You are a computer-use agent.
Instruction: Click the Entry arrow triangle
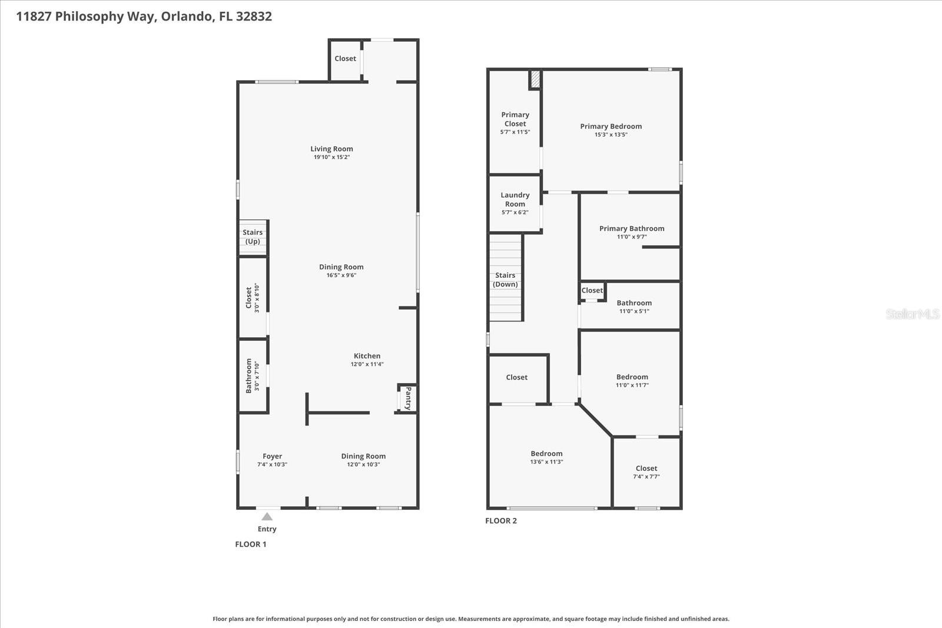click(267, 517)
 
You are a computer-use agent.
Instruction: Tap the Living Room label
click(331, 149)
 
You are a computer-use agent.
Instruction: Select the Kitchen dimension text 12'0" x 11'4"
click(367, 364)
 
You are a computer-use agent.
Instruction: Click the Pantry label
click(407, 398)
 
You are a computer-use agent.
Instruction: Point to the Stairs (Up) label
click(253, 237)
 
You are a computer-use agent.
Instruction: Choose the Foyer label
click(272, 456)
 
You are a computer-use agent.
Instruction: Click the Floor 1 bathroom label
click(249, 376)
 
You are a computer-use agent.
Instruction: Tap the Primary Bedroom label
click(611, 127)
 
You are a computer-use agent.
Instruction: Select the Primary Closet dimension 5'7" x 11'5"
click(515, 132)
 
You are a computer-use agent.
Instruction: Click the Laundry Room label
click(515, 200)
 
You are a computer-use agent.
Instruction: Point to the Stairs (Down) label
click(505, 280)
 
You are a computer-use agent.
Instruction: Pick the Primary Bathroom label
click(632, 228)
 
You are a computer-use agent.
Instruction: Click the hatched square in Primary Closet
click(535, 79)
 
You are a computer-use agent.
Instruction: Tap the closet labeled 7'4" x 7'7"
click(646, 472)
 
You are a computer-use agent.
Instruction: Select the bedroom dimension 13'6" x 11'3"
click(546, 462)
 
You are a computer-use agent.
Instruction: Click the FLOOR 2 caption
click(500, 521)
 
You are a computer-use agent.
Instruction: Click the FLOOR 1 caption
click(251, 544)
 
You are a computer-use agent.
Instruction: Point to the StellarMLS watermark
click(912, 314)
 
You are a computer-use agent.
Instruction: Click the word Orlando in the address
click(186, 16)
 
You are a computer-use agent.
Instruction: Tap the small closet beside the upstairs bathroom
click(592, 290)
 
